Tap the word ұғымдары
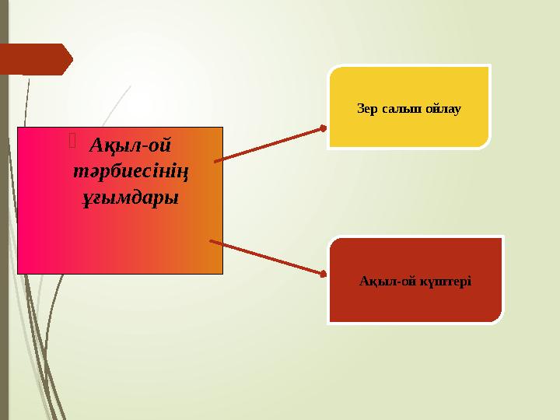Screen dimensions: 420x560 coord(131,198)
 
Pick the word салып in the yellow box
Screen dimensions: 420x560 coord(401,108)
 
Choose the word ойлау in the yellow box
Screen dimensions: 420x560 coord(443,108)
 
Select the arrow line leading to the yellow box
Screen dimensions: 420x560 coord(268,145)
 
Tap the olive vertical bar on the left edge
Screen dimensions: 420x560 coord(4,233)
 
